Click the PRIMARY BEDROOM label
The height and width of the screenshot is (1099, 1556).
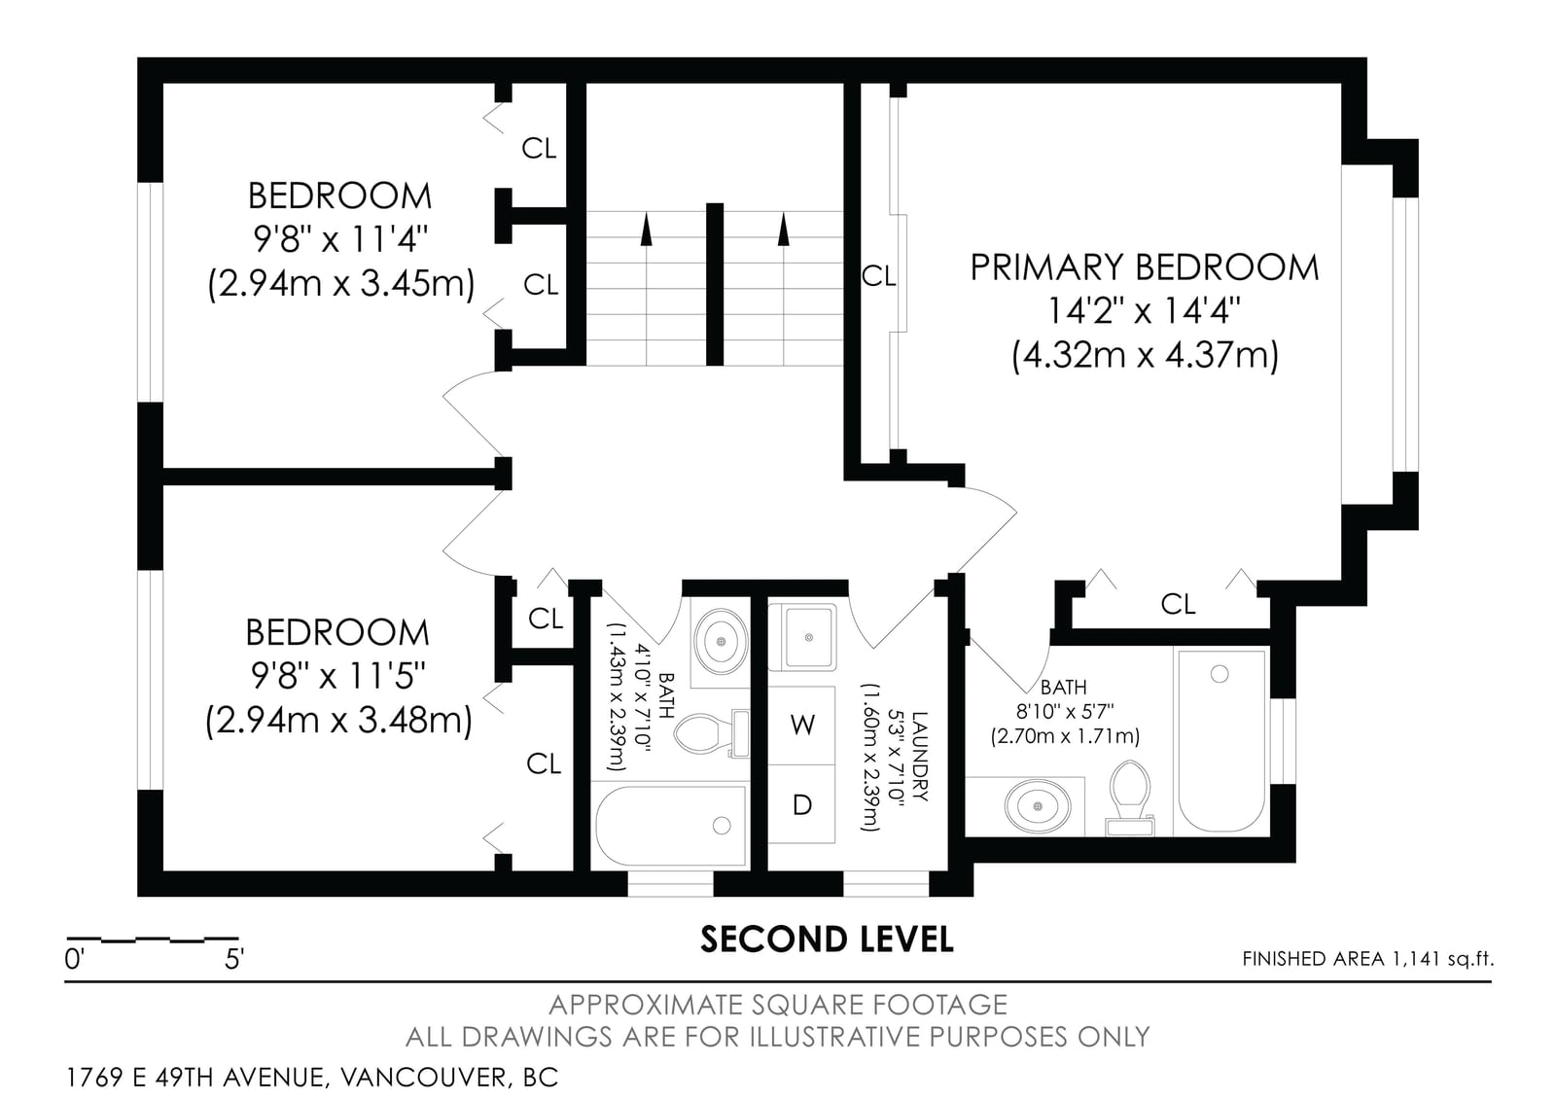[x=1144, y=267]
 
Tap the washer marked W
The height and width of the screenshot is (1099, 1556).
[x=801, y=726]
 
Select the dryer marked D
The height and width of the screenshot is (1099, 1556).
[x=801, y=804]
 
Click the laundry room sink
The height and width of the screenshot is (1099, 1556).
[x=802, y=636]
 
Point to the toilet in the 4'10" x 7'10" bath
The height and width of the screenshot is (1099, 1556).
[x=712, y=733]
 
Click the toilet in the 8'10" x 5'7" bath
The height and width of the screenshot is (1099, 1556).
[x=1129, y=798]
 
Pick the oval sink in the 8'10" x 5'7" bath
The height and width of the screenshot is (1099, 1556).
[x=1037, y=806]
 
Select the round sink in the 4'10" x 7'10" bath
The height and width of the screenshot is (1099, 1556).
[x=721, y=641]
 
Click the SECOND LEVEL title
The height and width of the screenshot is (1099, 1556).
[x=827, y=939]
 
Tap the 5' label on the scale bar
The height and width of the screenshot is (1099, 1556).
[x=234, y=959]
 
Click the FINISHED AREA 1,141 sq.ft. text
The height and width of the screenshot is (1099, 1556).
[x=1367, y=959]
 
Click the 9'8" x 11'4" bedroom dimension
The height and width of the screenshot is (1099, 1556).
[x=339, y=240]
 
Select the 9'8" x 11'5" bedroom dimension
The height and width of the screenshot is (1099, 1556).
[x=337, y=675]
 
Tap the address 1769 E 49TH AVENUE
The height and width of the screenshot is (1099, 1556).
[x=194, y=1078]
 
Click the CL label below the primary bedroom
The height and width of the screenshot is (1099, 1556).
[x=1178, y=604]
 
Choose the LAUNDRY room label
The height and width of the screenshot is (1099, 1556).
[x=920, y=756]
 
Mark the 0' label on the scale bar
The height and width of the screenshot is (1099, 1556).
[x=74, y=959]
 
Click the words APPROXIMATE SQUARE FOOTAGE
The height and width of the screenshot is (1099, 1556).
[x=778, y=1005]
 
